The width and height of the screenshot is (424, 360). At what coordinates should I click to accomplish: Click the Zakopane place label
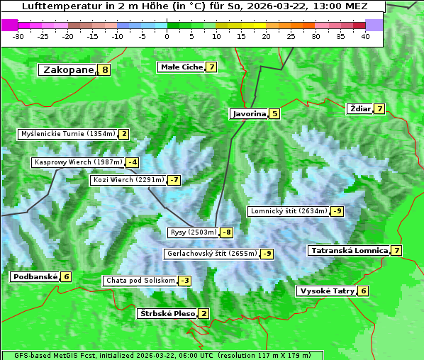pyautogui.click(x=68, y=69)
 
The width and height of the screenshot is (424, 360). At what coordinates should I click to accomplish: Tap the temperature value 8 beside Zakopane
pyautogui.click(x=105, y=69)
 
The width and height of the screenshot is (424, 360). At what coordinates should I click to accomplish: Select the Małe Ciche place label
pyautogui.click(x=182, y=67)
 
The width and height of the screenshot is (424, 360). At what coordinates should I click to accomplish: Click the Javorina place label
pyautogui.click(x=249, y=113)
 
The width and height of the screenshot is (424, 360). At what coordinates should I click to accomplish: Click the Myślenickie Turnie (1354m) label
pyautogui.click(x=68, y=134)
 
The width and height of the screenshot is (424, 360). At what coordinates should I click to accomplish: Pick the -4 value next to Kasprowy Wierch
pyautogui.click(x=133, y=162)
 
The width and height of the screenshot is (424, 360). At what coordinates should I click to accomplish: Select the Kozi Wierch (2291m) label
pyautogui.click(x=128, y=180)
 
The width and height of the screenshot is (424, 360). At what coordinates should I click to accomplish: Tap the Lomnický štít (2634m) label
pyautogui.click(x=289, y=211)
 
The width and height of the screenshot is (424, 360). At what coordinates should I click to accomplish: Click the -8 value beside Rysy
pyautogui.click(x=226, y=232)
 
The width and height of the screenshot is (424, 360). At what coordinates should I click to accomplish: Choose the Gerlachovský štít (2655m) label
pyautogui.click(x=211, y=254)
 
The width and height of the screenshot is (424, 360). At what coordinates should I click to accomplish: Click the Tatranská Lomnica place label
pyautogui.click(x=350, y=251)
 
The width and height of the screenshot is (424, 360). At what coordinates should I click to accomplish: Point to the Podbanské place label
pyautogui.click(x=35, y=277)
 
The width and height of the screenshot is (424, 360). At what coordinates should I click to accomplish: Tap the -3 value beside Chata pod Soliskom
pyautogui.click(x=184, y=281)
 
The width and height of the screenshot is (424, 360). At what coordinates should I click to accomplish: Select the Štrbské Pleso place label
pyautogui.click(x=167, y=314)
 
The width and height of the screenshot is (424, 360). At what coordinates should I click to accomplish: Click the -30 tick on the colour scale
pyautogui.click(x=18, y=36)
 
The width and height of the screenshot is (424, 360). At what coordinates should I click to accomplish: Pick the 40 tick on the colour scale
pyautogui.click(x=365, y=36)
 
